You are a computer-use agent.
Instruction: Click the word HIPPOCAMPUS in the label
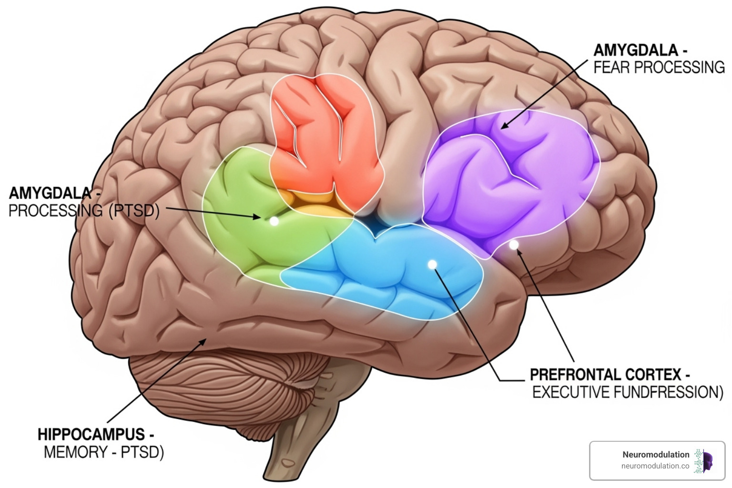tap(91, 434)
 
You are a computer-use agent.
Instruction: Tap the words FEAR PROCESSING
tap(659, 67)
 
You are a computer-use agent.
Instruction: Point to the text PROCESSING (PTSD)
tap(84, 211)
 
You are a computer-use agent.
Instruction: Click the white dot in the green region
tap(274, 221)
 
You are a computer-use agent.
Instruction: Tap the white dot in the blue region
tap(432, 264)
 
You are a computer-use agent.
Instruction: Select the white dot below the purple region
tap(514, 245)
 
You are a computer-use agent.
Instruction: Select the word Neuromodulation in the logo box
tap(655, 455)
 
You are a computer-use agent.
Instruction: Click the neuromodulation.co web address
tap(655, 466)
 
